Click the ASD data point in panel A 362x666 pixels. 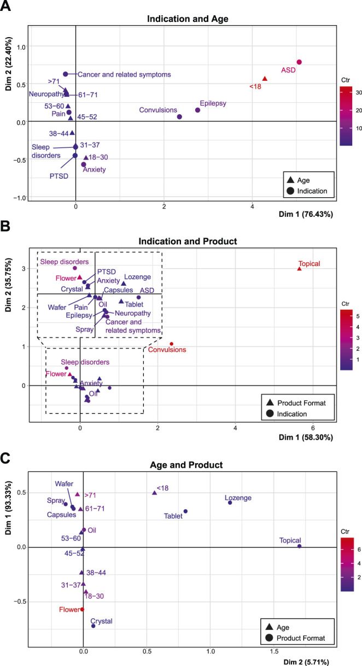coord(299,62)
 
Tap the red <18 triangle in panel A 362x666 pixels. coord(265,79)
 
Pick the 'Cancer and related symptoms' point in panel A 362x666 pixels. coord(66,74)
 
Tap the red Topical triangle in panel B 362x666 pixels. coord(299,269)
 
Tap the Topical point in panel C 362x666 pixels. coord(299,546)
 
